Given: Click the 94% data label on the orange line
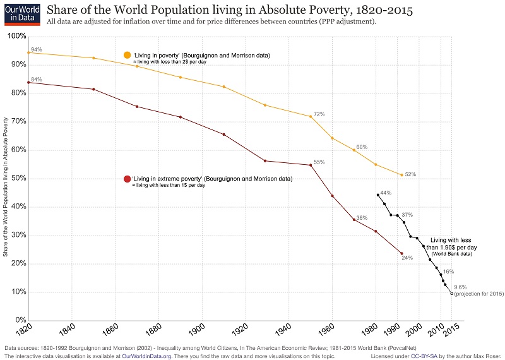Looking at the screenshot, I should point(36,49).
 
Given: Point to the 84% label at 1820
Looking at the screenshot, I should point(36,79).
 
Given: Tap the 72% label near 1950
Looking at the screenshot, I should point(319,114).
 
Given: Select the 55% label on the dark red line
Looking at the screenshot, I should point(319,162).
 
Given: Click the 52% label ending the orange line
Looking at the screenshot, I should point(410,174).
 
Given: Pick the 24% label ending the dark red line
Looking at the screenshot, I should point(407,258).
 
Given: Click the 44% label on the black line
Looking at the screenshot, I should point(386,193).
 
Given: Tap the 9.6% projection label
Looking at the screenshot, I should point(460,287).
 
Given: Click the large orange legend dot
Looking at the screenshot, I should point(128,56).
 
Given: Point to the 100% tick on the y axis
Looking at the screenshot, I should point(16,36).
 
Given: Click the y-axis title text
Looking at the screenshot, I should point(6,187).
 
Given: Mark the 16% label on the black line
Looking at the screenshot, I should point(449,271).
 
